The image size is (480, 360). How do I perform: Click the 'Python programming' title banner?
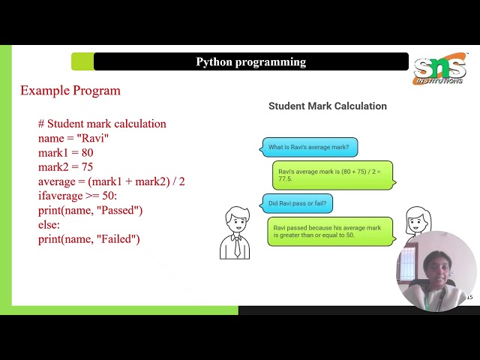250,61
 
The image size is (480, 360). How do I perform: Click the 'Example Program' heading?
70,91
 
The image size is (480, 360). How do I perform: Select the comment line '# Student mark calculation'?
102,124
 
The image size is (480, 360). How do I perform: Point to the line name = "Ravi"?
73,138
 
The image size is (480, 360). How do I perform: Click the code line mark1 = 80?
65,152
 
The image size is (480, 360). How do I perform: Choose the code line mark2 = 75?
65,167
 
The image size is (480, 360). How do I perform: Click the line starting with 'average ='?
111,181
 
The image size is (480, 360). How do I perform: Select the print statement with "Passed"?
90,210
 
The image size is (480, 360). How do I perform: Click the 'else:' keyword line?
49,224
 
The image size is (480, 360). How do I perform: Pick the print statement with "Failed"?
88,239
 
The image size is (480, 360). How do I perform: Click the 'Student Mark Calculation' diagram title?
328,106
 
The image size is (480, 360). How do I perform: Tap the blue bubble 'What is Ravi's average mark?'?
310,147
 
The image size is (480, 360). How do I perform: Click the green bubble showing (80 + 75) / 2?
331,175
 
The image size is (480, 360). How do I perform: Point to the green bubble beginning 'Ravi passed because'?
331,231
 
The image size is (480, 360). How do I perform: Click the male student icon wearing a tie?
235,233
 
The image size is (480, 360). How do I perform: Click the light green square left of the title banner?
82,61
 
